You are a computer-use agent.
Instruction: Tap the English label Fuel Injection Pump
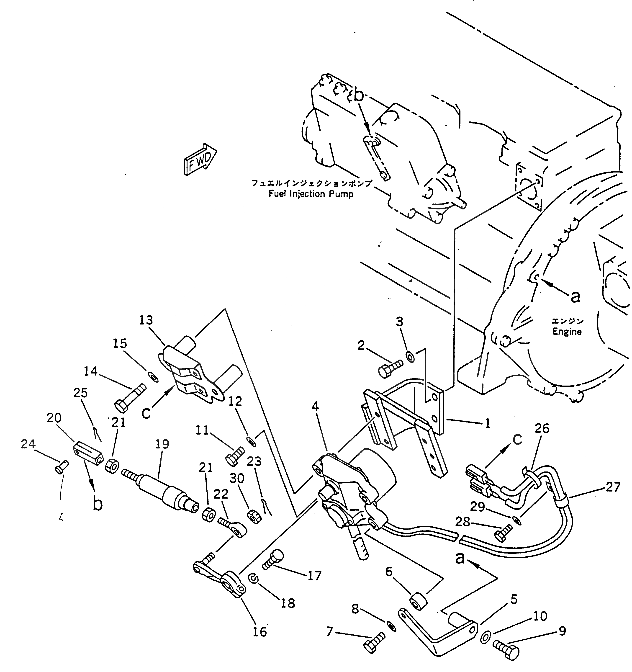click(311, 194)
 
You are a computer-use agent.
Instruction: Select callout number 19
click(162, 444)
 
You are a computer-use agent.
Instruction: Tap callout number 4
click(315, 407)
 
